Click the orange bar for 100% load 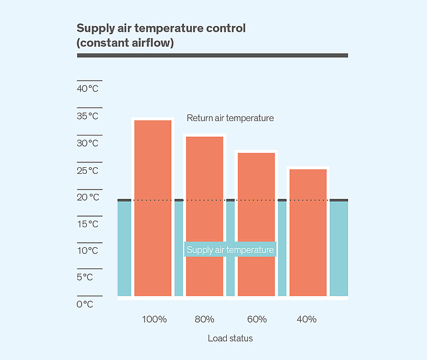point(153,208)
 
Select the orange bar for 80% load point(205,216)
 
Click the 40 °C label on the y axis point(87,89)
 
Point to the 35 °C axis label point(87,116)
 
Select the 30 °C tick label point(87,143)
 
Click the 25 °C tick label point(87,171)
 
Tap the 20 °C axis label point(87,197)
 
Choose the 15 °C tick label point(87,224)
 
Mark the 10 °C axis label point(87,251)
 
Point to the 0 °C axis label point(85,304)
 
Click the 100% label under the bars point(155,319)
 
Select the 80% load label point(205,319)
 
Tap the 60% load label point(256,319)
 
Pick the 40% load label point(306,319)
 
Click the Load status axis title point(230,338)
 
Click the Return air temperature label point(230,118)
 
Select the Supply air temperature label point(230,250)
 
